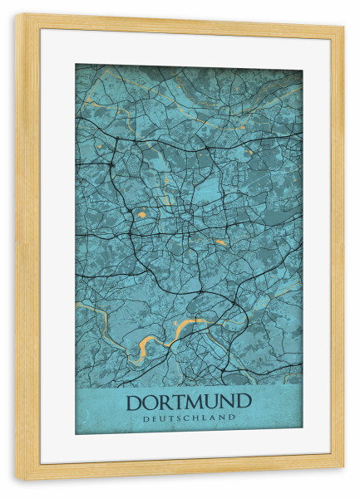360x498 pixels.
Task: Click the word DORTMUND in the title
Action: coord(188,402)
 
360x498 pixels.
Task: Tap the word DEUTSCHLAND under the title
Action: coord(188,418)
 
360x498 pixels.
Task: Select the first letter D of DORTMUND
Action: coord(134,402)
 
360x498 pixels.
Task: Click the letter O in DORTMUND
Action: coord(150,402)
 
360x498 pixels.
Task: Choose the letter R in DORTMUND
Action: coord(165,402)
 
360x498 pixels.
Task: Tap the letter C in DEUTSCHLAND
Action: coord(187,418)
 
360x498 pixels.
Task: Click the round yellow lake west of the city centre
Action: coord(141,214)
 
